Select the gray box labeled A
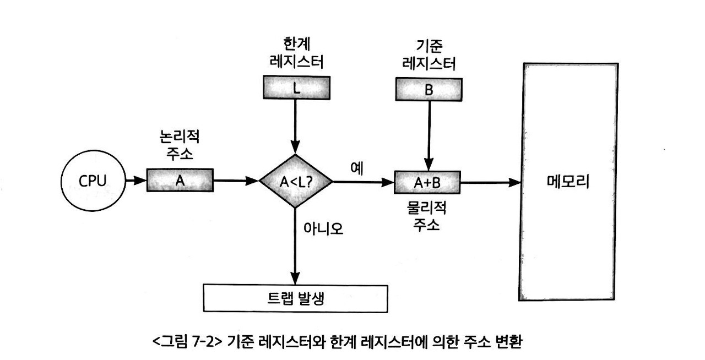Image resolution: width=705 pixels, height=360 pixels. pyautogui.click(x=180, y=180)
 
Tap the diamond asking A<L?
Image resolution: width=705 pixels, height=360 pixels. pyautogui.click(x=296, y=181)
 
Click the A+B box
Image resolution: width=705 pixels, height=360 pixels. pyautogui.click(x=427, y=182)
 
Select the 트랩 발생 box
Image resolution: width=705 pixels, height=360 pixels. pyautogui.click(x=296, y=298)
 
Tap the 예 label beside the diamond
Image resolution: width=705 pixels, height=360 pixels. pyautogui.click(x=355, y=168)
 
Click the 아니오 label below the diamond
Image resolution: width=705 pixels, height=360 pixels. pyautogui.click(x=323, y=228)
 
